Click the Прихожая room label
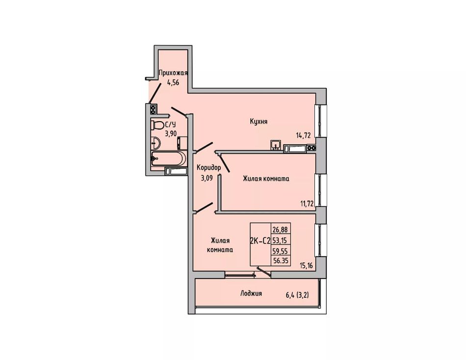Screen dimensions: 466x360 point(173,73)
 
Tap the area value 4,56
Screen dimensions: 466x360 point(173,82)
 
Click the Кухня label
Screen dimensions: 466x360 point(259,122)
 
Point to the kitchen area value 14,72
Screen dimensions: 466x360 point(303,135)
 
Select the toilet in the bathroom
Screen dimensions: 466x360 point(157,125)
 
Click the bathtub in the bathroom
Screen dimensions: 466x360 point(169,158)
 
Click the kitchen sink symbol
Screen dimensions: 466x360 point(276,145)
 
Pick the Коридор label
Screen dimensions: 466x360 point(209,168)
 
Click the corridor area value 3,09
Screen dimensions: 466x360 point(207,179)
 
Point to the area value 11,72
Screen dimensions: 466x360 point(307,204)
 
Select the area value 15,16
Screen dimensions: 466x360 point(307,266)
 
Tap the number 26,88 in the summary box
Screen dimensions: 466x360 point(280,230)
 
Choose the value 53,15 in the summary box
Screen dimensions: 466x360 point(280,240)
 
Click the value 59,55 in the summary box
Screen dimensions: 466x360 point(280,251)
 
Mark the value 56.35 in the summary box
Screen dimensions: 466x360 point(281,261)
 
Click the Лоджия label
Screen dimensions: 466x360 point(251,294)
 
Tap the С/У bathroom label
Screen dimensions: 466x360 point(170,125)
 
